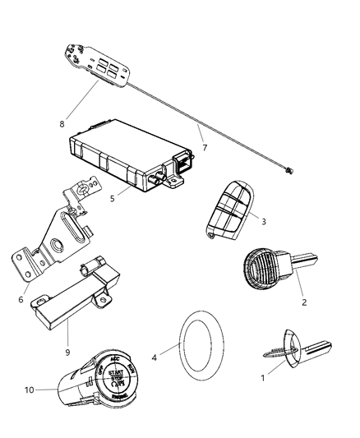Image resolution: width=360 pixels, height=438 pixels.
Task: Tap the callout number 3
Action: [263, 222]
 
